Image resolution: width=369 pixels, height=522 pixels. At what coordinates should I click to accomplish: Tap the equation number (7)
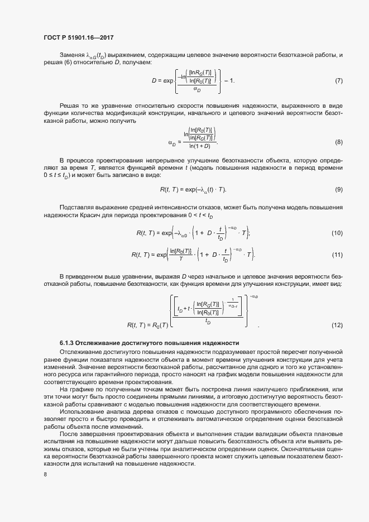(x=338, y=82)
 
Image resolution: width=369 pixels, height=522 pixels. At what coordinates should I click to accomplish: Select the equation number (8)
(x=338, y=142)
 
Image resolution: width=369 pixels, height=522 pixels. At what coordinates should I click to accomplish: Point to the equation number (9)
(x=338, y=190)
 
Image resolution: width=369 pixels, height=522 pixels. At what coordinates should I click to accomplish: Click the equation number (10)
(x=337, y=233)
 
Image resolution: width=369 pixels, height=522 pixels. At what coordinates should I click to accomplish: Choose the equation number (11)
(x=337, y=255)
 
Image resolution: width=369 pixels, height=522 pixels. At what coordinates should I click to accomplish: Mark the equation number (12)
(x=337, y=324)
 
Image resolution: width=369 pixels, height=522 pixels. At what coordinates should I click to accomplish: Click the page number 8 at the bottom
(x=45, y=475)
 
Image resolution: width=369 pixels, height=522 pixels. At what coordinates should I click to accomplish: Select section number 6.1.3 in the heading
(x=68, y=342)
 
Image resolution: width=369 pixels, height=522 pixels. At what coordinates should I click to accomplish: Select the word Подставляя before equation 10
(x=78, y=207)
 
